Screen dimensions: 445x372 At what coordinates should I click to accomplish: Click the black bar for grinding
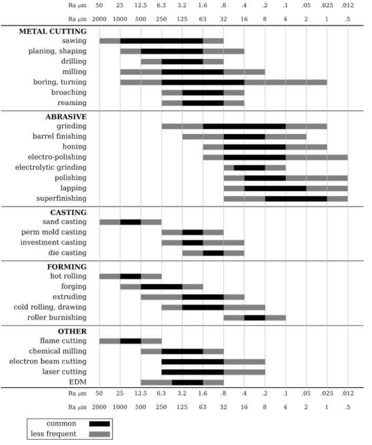244,126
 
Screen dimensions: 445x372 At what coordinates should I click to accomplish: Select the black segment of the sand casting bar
131,222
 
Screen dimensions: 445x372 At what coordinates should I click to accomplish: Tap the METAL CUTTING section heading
53,32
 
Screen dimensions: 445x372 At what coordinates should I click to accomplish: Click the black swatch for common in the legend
99,424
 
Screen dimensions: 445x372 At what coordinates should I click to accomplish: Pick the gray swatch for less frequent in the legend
99,434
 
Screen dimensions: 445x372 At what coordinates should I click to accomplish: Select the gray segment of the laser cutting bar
244,372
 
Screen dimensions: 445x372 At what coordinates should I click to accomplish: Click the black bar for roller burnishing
254,317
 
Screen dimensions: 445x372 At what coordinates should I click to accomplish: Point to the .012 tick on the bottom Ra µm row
347,394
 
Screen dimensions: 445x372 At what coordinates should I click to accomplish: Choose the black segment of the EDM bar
188,383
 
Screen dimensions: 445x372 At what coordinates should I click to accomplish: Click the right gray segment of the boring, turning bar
285,83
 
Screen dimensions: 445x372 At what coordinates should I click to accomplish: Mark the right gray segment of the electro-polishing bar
317,157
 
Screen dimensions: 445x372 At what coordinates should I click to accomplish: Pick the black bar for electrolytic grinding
249,168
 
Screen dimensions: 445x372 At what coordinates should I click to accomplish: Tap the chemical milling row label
58,351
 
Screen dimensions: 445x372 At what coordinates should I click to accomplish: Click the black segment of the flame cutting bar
131,341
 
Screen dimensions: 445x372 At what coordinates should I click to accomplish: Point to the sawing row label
74,41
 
